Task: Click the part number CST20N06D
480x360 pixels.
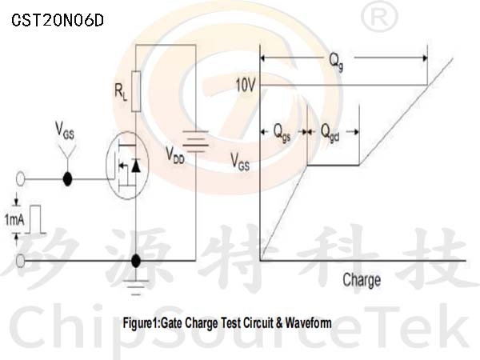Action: tap(58, 21)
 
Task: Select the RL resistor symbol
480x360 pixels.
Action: tap(136, 91)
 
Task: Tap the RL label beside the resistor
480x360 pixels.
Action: tap(121, 92)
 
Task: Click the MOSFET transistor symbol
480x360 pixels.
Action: tap(127, 166)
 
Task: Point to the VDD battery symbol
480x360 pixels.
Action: tap(196, 141)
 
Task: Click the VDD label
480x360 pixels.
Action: tap(175, 155)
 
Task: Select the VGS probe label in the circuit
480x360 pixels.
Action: tap(65, 130)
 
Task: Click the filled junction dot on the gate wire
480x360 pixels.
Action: tap(67, 179)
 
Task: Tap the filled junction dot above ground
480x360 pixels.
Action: tap(136, 261)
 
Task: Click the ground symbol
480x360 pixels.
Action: tap(136, 287)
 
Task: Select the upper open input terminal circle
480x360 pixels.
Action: tap(20, 179)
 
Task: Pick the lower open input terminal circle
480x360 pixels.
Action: tap(20, 261)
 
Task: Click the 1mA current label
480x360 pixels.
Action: tap(14, 219)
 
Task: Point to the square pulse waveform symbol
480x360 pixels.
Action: tap(36, 219)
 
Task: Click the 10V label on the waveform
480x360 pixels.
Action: tap(246, 85)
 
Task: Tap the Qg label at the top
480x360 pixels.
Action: tap(336, 62)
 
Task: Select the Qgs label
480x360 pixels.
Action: tap(282, 133)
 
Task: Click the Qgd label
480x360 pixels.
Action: tap(330, 133)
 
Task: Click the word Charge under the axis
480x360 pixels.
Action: tap(362, 280)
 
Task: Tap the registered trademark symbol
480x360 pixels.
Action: tap(379, 16)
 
